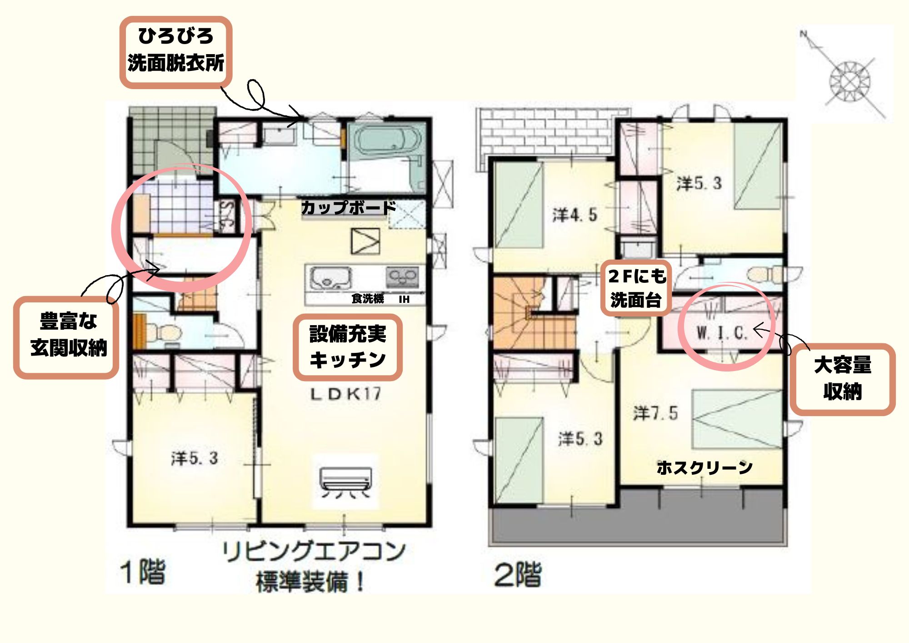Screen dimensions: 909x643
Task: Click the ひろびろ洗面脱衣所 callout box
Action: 176,52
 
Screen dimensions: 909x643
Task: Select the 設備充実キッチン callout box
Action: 348,347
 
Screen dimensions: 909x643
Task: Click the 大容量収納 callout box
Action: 842,379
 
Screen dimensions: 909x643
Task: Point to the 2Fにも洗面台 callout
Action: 636,288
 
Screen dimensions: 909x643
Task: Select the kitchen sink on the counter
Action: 330,277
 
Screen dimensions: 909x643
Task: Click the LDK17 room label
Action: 346,394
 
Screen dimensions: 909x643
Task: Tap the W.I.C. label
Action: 722,333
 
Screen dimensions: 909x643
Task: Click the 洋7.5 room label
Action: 655,413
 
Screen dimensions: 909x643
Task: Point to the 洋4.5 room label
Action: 574,215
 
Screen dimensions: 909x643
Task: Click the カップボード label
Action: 348,208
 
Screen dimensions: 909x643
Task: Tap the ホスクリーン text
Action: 704,467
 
